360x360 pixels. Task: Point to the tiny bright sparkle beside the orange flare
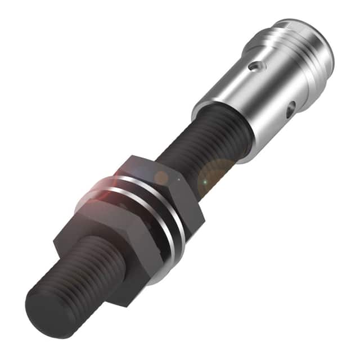[205, 183]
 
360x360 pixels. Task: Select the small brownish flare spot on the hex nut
[161, 178]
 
